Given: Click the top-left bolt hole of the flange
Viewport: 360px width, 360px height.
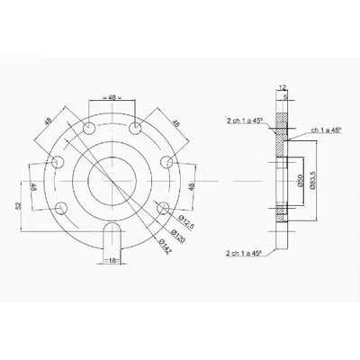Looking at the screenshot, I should click(91, 130).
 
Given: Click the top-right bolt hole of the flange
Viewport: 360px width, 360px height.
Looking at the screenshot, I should click(134, 130).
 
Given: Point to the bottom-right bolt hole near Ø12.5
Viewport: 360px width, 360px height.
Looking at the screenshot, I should click(163, 208).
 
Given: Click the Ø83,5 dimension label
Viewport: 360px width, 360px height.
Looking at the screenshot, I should click(312, 176).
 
